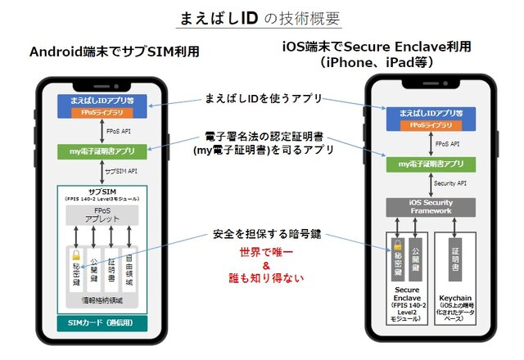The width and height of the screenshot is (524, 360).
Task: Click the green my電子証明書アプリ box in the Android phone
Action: coord(102,151)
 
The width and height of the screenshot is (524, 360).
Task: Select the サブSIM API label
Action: coord(123,172)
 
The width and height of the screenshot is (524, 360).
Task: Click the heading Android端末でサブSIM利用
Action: coord(115,52)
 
